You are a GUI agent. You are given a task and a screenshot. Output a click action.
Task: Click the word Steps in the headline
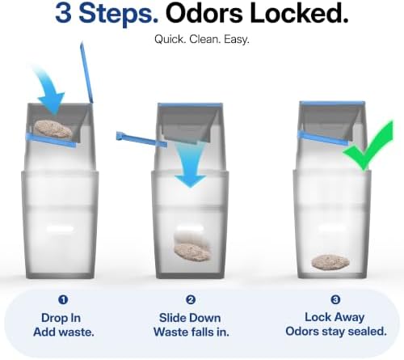coord(119,15)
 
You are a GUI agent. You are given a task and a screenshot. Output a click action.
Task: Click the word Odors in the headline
coord(204,14)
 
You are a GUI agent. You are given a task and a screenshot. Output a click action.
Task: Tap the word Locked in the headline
coord(299,14)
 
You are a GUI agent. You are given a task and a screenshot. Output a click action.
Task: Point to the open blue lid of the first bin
coord(86,72)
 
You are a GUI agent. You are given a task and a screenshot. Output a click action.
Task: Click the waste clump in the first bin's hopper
coord(53,129)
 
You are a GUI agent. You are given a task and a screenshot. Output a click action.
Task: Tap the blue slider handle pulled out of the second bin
coord(141,139)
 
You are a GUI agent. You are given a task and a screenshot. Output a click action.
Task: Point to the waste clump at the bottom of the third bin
coord(330,261)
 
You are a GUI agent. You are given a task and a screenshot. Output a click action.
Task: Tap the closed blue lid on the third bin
coord(332,104)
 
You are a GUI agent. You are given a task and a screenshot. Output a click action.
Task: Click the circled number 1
coord(63,299)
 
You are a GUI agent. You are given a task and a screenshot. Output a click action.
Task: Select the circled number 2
coord(191,299)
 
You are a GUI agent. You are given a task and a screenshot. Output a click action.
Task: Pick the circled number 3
coord(335,299)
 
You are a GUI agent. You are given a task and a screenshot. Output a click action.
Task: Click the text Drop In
coord(61,318)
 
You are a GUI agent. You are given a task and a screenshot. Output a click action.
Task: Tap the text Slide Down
coord(190,318)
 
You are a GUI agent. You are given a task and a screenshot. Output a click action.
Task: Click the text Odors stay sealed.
coord(336,332)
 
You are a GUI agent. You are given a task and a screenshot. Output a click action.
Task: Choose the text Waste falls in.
coord(191,332)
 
